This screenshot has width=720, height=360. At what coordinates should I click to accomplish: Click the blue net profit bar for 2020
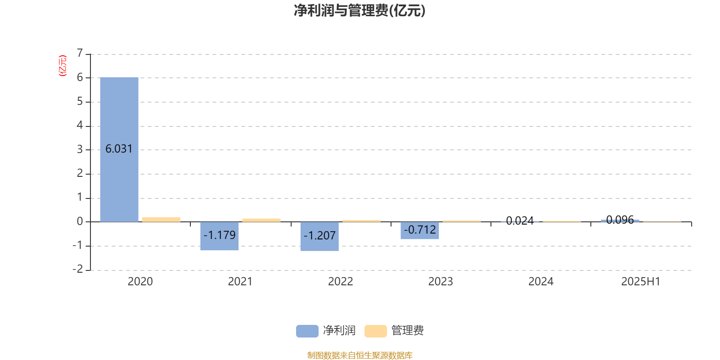click(x=119, y=149)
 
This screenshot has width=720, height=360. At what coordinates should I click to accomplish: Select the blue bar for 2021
click(x=220, y=236)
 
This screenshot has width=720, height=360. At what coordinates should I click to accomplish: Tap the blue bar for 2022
click(x=319, y=236)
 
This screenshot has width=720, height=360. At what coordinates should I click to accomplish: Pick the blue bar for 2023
click(x=420, y=230)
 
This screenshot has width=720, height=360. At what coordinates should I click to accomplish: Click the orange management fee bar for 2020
click(x=162, y=220)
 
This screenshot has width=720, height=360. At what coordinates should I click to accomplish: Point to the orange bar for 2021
click(x=261, y=220)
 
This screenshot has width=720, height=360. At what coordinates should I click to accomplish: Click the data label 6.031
click(x=119, y=149)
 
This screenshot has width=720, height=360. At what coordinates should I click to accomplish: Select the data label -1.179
click(x=220, y=235)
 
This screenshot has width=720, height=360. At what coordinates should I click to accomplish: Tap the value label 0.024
click(x=520, y=220)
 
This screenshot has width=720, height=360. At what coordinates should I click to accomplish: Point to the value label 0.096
click(x=620, y=220)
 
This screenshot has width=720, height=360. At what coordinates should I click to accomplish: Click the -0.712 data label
click(x=420, y=229)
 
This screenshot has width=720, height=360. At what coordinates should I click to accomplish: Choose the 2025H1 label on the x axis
click(x=641, y=282)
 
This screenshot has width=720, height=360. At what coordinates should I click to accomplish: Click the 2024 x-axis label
click(x=541, y=282)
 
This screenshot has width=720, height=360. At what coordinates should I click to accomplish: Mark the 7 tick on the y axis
click(x=80, y=53)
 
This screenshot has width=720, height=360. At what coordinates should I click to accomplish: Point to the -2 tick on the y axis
click(x=77, y=269)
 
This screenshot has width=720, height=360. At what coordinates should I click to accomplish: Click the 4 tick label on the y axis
click(x=80, y=125)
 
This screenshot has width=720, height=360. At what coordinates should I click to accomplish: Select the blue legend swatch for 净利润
click(x=307, y=331)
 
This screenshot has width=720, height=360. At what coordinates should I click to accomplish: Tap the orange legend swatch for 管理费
click(x=375, y=331)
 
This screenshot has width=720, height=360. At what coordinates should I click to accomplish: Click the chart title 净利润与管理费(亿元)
click(x=360, y=11)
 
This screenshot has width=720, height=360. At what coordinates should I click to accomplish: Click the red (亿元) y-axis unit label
click(x=63, y=66)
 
